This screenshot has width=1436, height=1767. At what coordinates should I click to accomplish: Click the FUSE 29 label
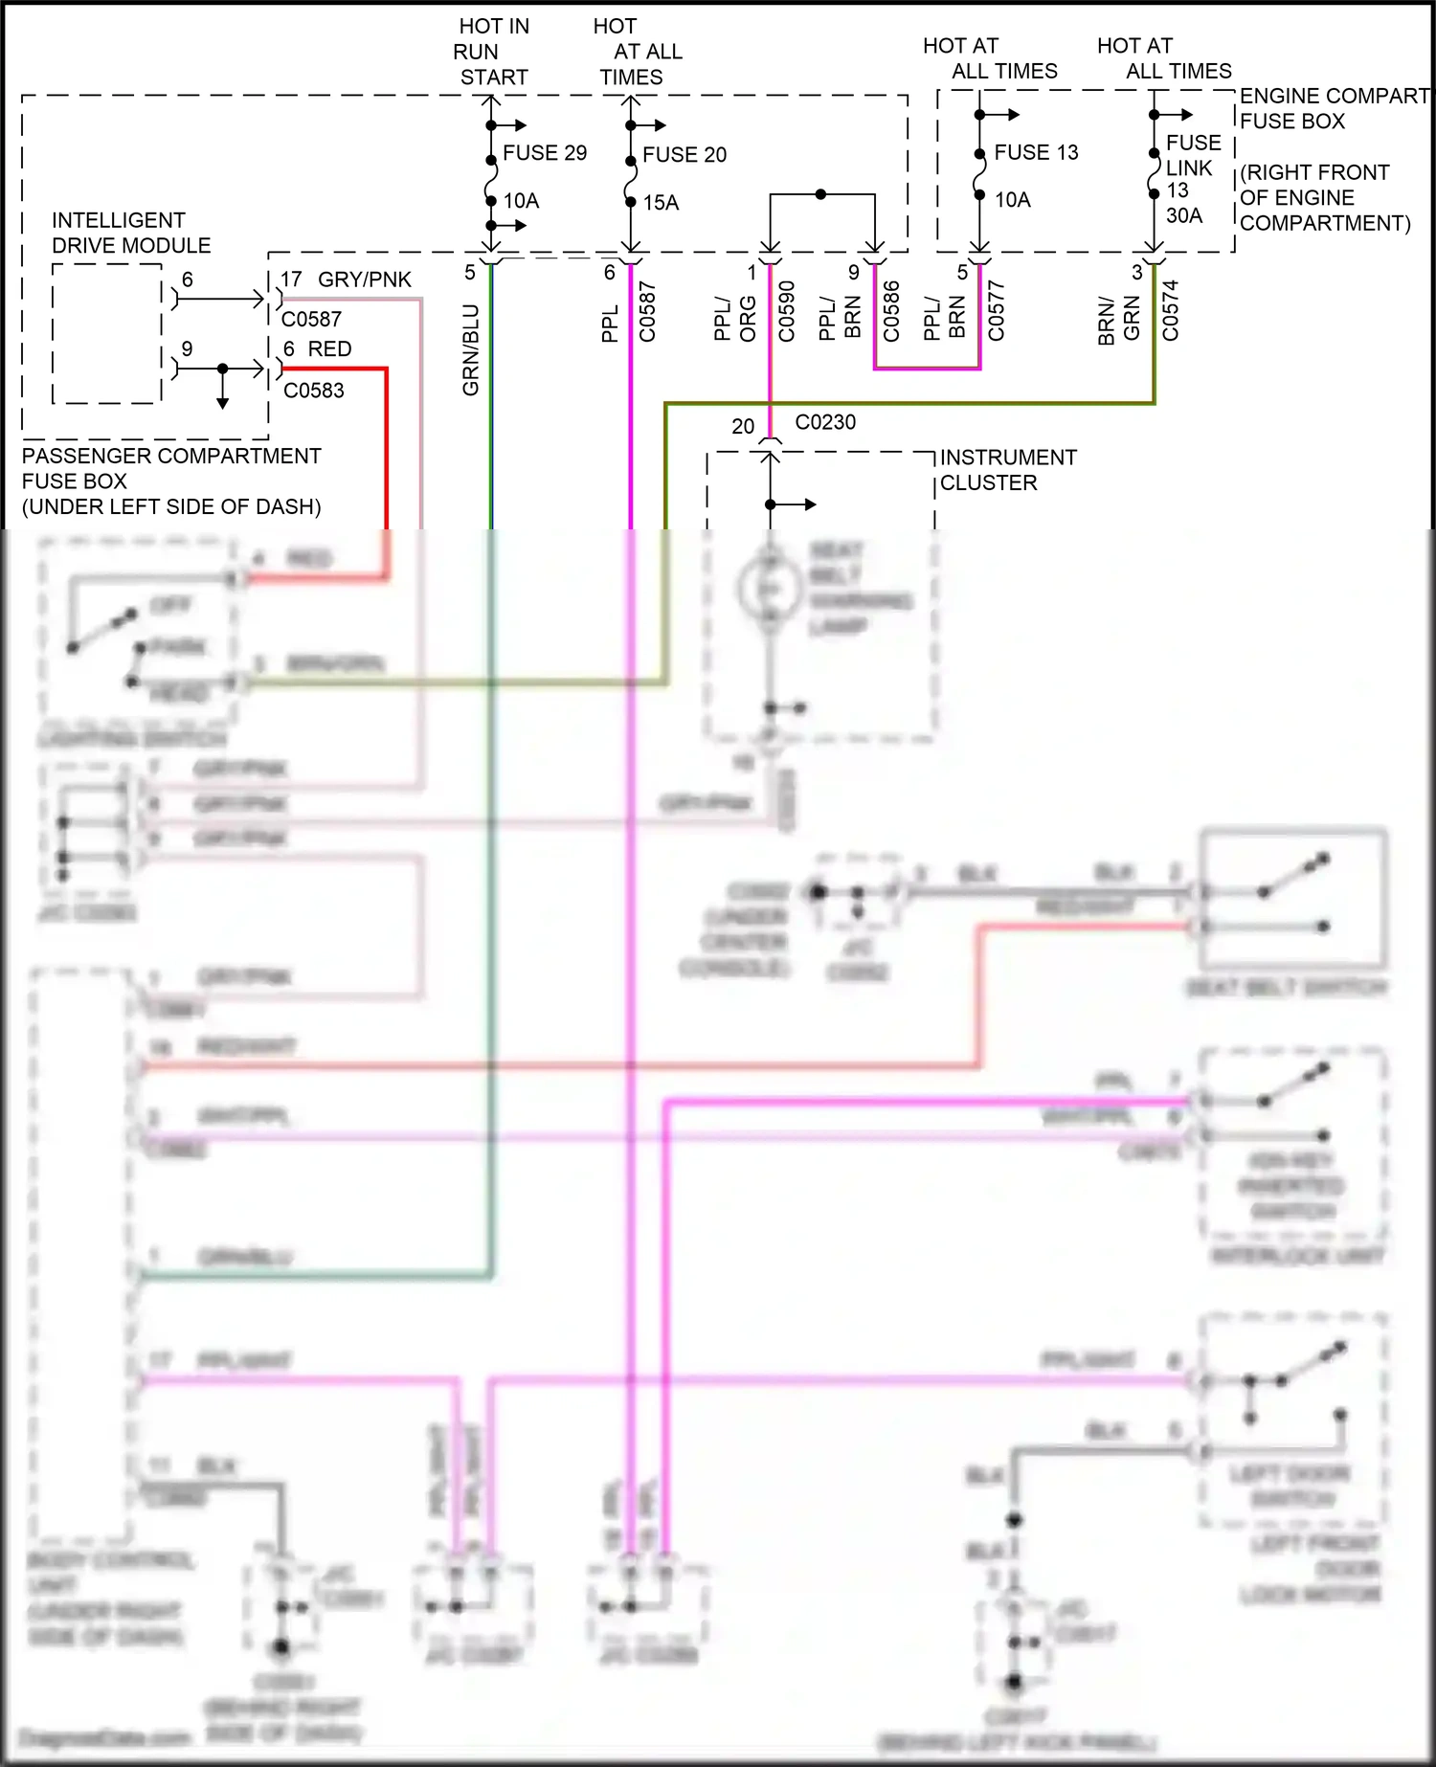point(544,153)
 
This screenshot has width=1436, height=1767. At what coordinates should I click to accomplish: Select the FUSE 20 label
point(684,155)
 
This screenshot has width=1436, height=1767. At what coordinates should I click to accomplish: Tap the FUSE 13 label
point(1036,153)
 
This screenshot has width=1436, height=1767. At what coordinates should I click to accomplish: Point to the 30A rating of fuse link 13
point(1184,215)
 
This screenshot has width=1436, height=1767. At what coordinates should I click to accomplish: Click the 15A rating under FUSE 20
point(661,203)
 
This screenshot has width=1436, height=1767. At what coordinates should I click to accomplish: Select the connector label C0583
point(314,391)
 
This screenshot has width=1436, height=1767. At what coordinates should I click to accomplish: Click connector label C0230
point(825,422)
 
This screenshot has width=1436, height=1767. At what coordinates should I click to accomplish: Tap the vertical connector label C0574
point(1170,310)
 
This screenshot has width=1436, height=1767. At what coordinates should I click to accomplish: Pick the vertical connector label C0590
point(787,311)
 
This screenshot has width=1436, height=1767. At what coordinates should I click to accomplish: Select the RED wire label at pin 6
point(329,349)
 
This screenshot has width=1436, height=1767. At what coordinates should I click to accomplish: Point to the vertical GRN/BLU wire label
point(470,349)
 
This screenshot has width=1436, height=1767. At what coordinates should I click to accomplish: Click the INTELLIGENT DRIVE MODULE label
point(130,233)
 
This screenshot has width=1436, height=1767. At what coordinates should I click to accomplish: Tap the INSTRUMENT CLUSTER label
point(1007,470)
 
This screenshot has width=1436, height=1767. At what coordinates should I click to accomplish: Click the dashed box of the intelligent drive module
point(106,333)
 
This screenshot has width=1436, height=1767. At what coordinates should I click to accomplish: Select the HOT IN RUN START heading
point(492,52)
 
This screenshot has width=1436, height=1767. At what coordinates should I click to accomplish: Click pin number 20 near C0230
point(743,427)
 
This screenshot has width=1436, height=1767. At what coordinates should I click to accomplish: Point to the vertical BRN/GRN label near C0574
point(1118,319)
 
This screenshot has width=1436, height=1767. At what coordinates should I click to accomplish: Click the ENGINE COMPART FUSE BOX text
point(1333,108)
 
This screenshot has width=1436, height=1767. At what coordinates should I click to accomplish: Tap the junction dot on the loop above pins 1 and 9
point(820,194)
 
